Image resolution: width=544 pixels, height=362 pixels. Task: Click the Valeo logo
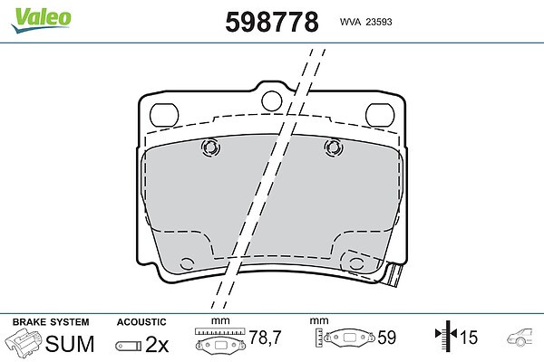pyautogui.click(x=41, y=20)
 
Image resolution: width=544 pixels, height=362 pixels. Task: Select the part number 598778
pyautogui.click(x=272, y=22)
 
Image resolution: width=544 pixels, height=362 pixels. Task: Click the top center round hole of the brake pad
pyautogui.click(x=272, y=100)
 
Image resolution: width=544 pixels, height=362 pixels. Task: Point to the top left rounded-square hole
pyautogui.click(x=164, y=115)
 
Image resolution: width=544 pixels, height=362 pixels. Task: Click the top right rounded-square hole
pyautogui.click(x=380, y=115)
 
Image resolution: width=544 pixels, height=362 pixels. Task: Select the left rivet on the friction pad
pyautogui.click(x=210, y=148)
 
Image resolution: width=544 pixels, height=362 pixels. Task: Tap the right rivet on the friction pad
pyautogui.click(x=334, y=148)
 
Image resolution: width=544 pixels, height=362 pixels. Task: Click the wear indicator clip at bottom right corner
pyautogui.click(x=393, y=274)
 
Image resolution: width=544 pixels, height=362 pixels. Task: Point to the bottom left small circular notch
pyautogui.click(x=187, y=264)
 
